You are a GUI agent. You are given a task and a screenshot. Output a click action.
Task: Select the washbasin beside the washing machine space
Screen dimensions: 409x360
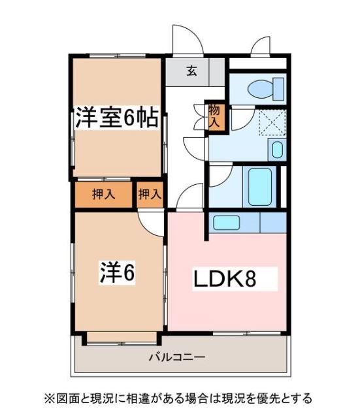tap(277, 150)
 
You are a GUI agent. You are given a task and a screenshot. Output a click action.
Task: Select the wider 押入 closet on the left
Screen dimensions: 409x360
tap(103, 194)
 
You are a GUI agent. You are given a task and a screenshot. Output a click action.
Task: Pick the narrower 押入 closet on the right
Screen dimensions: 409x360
tap(150, 193)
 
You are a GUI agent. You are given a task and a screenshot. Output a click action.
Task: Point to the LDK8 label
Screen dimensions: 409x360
tap(224, 279)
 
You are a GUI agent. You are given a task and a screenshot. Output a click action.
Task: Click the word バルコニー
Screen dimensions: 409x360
tap(176, 357)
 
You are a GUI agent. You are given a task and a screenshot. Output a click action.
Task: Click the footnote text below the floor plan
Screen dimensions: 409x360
tap(178, 397)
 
